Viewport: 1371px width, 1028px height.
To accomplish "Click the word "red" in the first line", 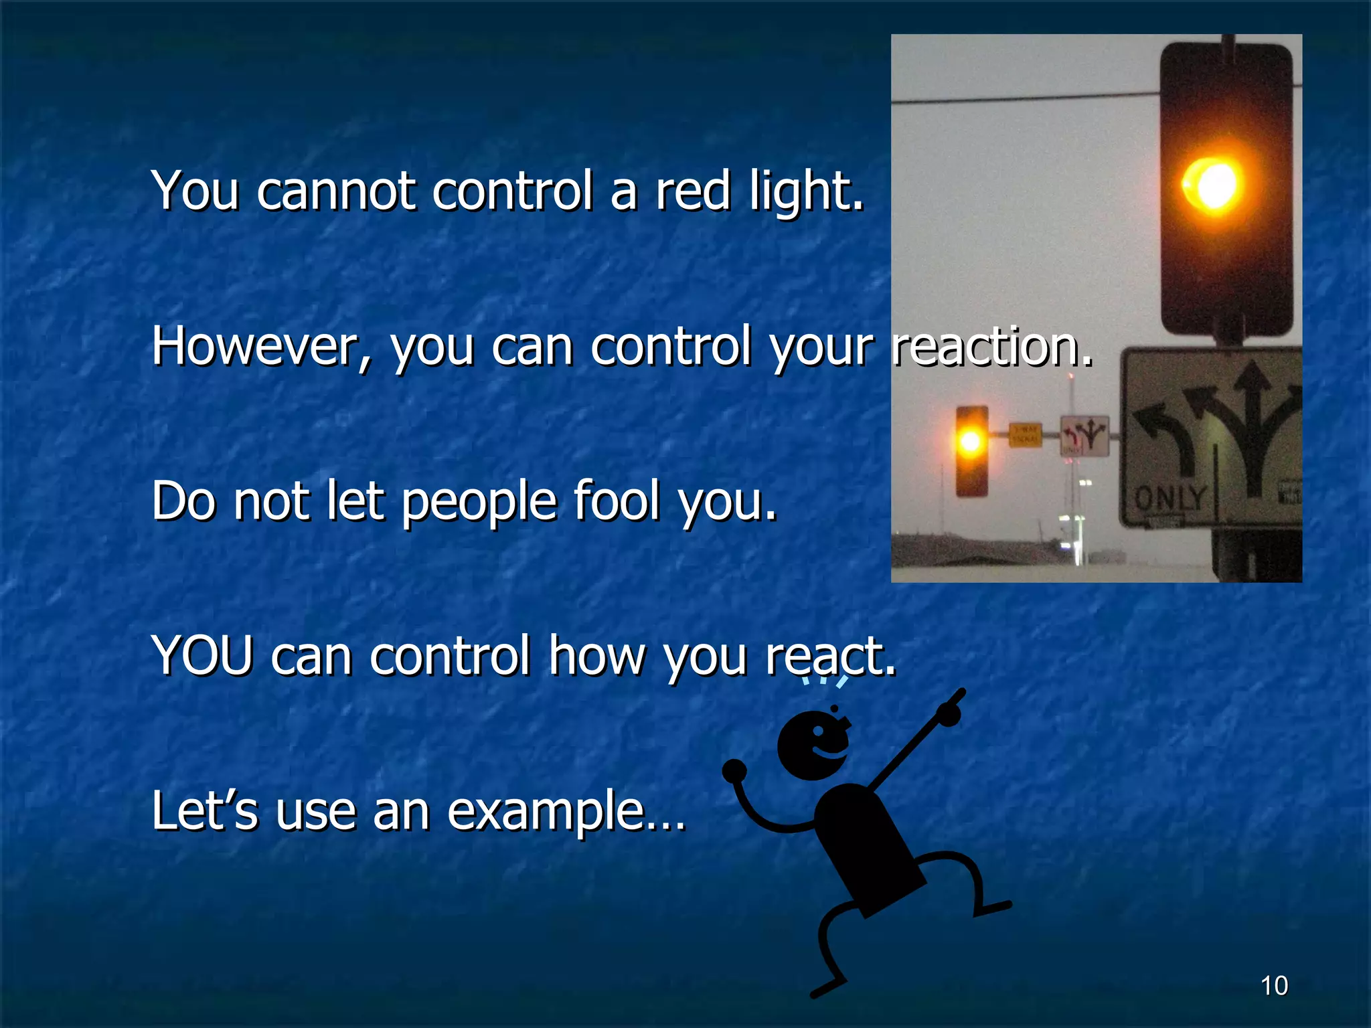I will coord(692,191).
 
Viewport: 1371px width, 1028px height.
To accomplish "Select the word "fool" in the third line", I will coord(617,502).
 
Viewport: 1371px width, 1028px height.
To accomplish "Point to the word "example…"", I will coord(566,812).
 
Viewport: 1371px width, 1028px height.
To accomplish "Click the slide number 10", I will coord(1274,986).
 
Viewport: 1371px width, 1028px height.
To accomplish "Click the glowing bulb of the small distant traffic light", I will coord(971,441).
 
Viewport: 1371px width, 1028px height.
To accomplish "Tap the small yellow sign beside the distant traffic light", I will coord(1025,435).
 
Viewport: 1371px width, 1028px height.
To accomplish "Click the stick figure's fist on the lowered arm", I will coord(734,770).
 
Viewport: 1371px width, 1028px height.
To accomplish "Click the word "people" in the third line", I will coord(479,502).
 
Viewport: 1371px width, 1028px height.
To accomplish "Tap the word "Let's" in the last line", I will coord(204,812).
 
